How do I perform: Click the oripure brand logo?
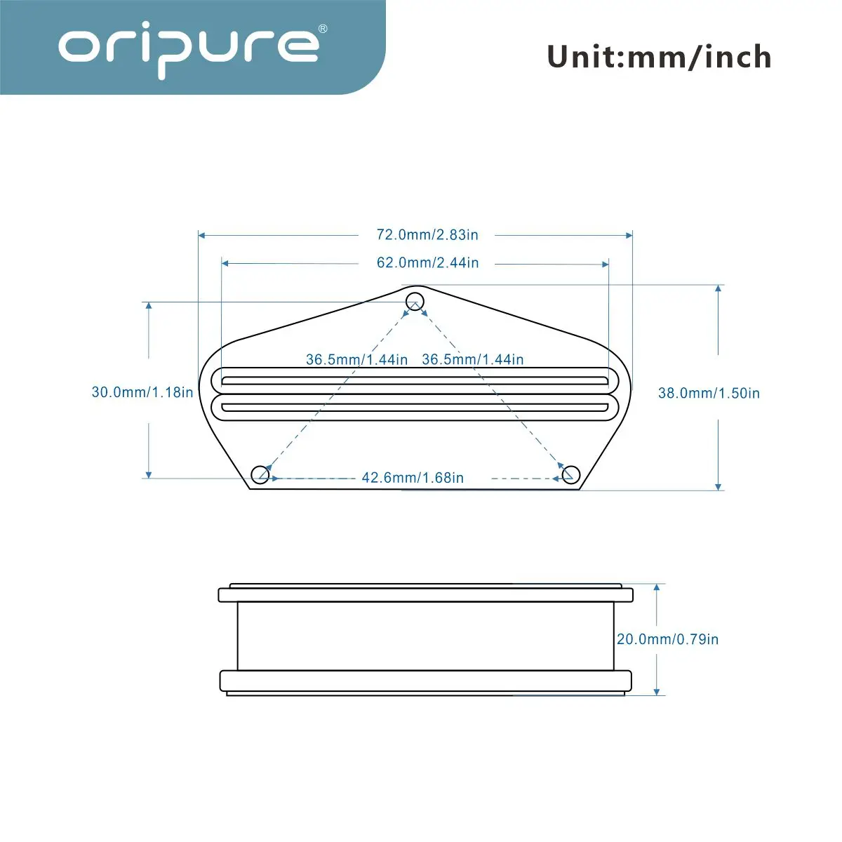pyautogui.click(x=188, y=49)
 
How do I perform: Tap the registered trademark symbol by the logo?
pyautogui.click(x=323, y=29)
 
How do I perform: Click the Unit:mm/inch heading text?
pyautogui.click(x=659, y=56)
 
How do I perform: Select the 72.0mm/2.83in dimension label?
pyautogui.click(x=427, y=234)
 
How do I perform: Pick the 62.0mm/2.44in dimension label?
pyautogui.click(x=427, y=262)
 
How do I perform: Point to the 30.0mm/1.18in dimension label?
pyautogui.click(x=142, y=392)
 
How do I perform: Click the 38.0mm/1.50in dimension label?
pyautogui.click(x=709, y=393)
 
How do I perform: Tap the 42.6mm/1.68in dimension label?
pyautogui.click(x=413, y=478)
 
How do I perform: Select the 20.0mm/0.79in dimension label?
pyautogui.click(x=668, y=639)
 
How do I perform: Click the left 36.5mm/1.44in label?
pyautogui.click(x=356, y=360)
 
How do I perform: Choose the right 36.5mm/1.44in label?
pyautogui.click(x=473, y=359)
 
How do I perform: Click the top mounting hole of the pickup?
pyautogui.click(x=415, y=302)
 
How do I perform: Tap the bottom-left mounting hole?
pyautogui.click(x=260, y=474)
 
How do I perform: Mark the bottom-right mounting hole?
pyautogui.click(x=570, y=474)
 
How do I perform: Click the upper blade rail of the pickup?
pyautogui.click(x=415, y=380)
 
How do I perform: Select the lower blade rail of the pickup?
pyautogui.click(x=415, y=408)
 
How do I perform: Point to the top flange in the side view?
pyautogui.click(x=426, y=595)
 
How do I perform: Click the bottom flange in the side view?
pyautogui.click(x=426, y=681)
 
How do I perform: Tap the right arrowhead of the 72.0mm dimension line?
pyautogui.click(x=629, y=236)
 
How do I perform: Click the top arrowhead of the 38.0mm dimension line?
pyautogui.click(x=718, y=289)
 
